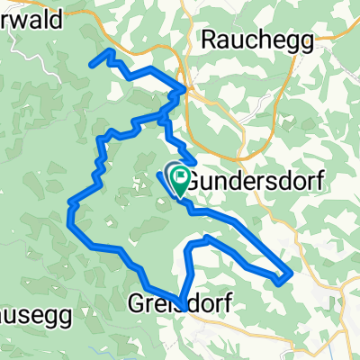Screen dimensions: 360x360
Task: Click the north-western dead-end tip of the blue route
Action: [92, 62]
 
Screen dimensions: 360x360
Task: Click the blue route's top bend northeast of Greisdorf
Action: [207, 238]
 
